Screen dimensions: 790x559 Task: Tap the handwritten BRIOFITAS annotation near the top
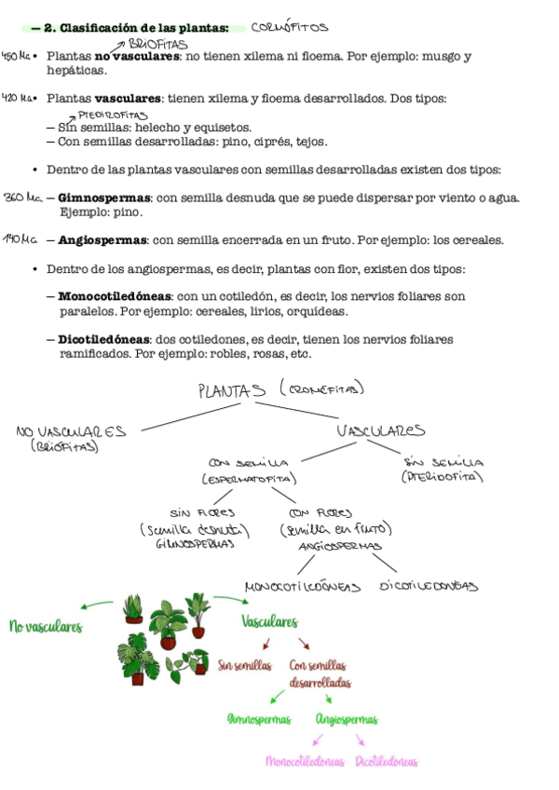coord(157,44)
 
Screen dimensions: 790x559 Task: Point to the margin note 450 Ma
coord(16,56)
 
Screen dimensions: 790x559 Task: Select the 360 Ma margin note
coord(22,197)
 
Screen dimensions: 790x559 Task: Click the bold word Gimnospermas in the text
coord(104,197)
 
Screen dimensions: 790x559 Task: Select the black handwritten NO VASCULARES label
coord(71,431)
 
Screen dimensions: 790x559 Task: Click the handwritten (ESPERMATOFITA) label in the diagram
coord(249,479)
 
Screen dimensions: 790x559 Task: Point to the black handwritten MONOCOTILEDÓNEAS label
coord(302,587)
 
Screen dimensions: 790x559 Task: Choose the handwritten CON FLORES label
coord(320,512)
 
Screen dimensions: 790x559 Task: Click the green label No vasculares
coord(46,628)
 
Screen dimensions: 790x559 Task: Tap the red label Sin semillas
coord(245,665)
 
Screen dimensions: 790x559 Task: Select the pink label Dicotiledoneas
coord(387,761)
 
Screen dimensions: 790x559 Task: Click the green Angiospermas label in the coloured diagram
coord(347,719)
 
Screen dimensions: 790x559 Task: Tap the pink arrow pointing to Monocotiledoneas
coord(318,740)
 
